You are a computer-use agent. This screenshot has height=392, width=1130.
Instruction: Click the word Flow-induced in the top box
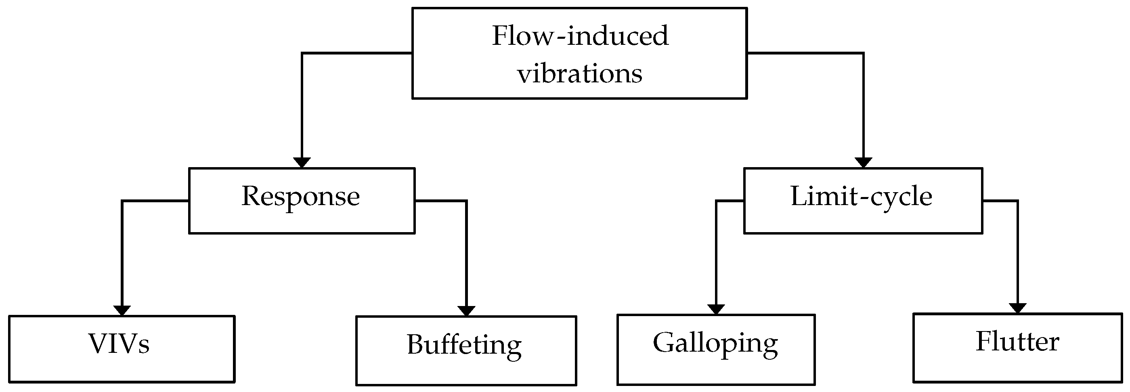click(580, 36)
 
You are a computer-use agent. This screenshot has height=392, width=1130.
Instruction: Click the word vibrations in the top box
click(580, 73)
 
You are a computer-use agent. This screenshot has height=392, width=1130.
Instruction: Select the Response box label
click(300, 197)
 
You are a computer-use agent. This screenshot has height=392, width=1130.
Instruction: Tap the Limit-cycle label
click(861, 197)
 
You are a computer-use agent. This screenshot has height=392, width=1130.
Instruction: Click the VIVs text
click(119, 344)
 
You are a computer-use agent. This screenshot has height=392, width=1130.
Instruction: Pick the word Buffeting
click(464, 345)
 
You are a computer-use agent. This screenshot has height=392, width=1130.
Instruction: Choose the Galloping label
click(715, 343)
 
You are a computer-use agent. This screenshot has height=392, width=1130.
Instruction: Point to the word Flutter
click(1017, 342)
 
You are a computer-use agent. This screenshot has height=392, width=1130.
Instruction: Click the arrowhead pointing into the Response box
click(302, 163)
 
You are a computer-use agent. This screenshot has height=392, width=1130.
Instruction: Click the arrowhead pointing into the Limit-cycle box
click(863, 163)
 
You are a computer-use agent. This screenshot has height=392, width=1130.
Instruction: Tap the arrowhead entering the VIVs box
click(122, 310)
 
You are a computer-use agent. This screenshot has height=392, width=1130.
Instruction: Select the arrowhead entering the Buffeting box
click(466, 311)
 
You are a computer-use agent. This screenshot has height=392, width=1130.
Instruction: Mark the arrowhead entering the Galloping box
click(716, 310)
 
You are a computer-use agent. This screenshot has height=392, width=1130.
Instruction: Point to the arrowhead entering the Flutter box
click(1017, 308)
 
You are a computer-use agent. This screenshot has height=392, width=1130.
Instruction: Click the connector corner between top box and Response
click(302, 54)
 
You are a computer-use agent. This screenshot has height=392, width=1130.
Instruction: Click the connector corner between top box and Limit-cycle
click(863, 54)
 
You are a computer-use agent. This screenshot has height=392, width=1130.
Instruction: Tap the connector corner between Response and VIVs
click(122, 201)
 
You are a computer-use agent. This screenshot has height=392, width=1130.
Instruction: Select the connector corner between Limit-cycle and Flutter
click(1017, 201)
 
